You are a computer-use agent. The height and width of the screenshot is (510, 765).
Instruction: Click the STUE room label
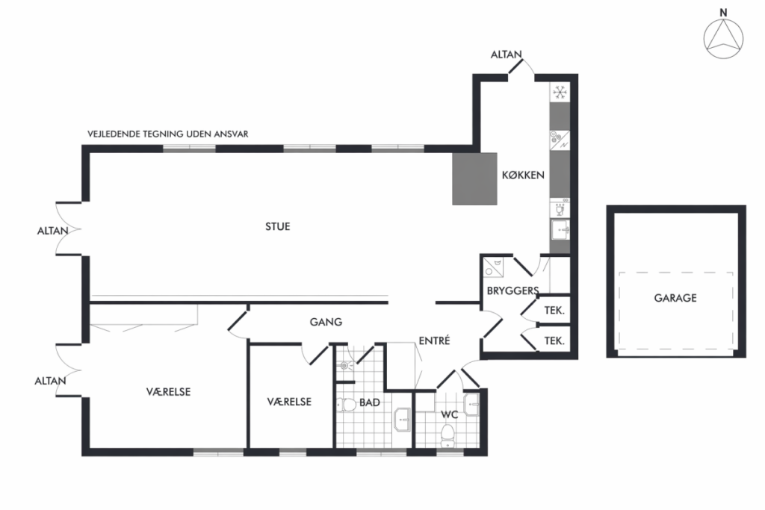click(278, 226)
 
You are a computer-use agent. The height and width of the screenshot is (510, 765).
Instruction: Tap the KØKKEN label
click(523, 175)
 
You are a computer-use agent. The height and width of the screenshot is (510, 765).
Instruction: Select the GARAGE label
click(675, 298)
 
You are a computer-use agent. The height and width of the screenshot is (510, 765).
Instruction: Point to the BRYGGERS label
click(512, 291)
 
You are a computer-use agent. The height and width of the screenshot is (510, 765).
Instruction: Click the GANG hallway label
click(326, 322)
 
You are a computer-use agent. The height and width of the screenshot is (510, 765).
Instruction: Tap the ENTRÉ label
click(434, 340)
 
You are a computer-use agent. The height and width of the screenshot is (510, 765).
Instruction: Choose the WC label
click(449, 415)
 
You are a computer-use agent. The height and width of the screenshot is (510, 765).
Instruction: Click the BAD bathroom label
click(369, 402)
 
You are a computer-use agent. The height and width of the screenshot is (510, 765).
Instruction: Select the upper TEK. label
click(554, 311)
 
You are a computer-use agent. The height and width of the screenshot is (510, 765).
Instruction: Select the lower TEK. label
click(554, 341)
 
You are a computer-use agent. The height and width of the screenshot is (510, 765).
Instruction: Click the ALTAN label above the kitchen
click(506, 55)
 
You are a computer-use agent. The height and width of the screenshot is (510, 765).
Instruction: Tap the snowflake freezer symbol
click(560, 92)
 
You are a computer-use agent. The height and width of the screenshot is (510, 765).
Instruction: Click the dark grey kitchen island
click(474, 179)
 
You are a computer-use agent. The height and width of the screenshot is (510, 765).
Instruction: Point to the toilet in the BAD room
click(347, 405)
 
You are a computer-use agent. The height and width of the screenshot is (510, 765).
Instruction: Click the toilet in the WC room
click(448, 435)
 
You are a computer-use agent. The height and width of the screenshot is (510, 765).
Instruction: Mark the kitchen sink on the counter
click(560, 229)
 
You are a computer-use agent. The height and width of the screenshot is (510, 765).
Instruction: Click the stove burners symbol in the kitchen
click(560, 140)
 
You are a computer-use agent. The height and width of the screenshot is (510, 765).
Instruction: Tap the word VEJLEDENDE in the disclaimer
click(114, 134)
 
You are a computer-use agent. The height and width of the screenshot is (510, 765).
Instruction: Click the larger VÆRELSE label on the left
click(168, 392)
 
